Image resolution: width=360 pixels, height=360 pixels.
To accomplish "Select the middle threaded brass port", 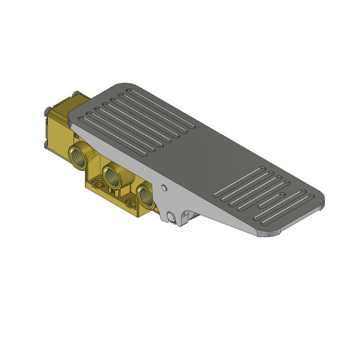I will click(111, 175).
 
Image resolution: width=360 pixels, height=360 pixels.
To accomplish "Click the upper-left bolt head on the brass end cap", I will click(47, 110).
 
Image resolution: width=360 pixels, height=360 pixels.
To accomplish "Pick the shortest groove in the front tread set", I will click(282, 194).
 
